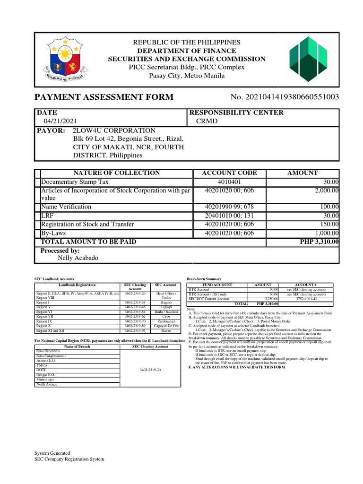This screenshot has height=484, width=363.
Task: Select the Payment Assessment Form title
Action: pos(104,97)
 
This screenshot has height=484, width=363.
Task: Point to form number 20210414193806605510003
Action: pos(285,97)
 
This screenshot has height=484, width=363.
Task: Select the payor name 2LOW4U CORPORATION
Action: pos(113,130)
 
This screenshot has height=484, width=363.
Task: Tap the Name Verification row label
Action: pos(66,207)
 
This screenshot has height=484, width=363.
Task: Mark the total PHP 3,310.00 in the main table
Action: pos(320,242)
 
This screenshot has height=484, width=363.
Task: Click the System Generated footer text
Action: pos(52,453)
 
